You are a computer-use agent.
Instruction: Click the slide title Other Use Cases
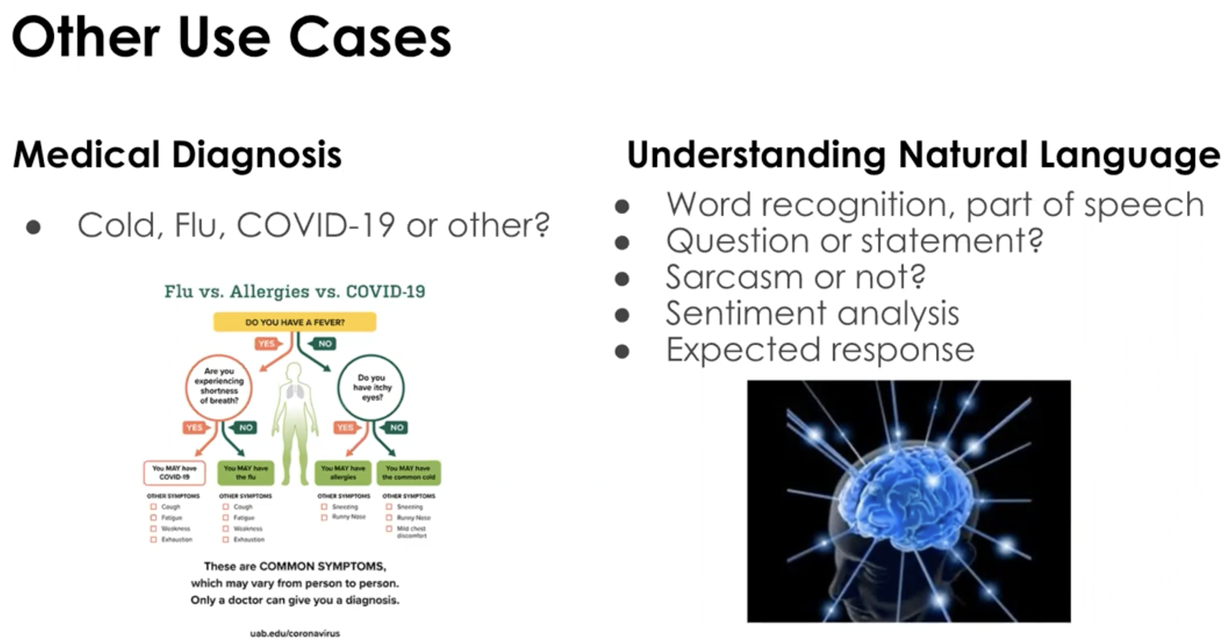231,37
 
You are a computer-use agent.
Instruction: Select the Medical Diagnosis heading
177,155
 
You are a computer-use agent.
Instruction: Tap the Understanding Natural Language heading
923,155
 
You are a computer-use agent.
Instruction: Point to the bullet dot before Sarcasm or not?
622,278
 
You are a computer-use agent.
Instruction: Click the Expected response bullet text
820,350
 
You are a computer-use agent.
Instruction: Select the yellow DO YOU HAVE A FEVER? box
294,322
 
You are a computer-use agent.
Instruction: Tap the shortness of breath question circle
219,386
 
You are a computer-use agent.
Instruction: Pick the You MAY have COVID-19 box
175,472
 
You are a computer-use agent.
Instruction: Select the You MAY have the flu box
245,472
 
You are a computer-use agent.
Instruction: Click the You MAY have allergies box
343,472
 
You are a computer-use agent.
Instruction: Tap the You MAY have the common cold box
408,472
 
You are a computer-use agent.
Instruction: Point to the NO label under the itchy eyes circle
396,427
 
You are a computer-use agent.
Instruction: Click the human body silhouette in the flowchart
294,419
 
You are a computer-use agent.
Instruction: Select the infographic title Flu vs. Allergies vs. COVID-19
294,291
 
